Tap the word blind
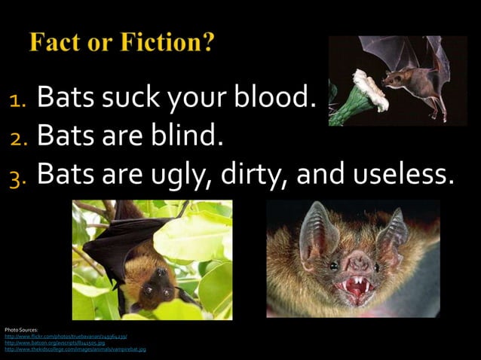(x=188, y=136)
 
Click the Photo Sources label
(x=16, y=331)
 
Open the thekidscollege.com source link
(x=75, y=349)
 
